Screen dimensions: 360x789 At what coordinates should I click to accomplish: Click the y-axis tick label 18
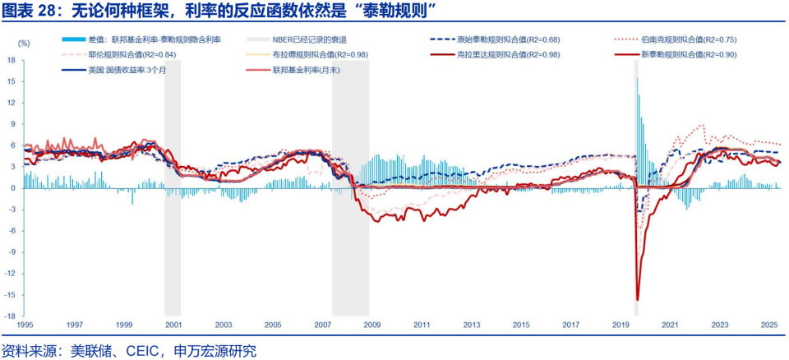coord(12,60)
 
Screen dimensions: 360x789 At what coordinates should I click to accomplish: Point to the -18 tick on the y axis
coord(11,316)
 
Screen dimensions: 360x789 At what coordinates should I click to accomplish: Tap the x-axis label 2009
coord(371,325)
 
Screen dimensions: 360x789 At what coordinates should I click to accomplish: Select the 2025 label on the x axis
coord(768,325)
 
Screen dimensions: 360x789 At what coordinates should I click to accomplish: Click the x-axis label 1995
coord(25,325)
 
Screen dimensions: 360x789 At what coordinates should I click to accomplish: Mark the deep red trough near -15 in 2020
coord(638,299)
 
